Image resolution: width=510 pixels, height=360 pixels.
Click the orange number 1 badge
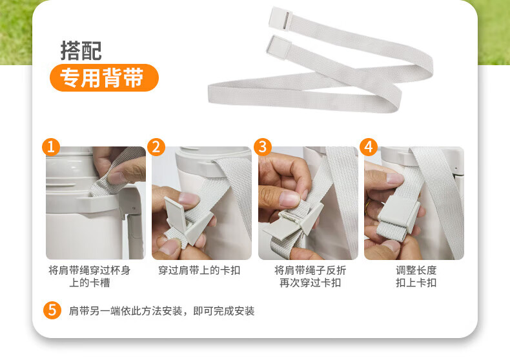tap(51, 147)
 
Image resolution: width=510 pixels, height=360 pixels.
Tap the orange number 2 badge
tap(156, 147)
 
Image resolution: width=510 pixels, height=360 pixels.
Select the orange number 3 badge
tap(263, 147)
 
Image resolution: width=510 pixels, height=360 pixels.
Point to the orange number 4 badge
tap(369, 147)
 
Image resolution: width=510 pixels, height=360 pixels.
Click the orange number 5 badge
tap(52, 310)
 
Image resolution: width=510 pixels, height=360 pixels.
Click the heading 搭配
tap(81, 51)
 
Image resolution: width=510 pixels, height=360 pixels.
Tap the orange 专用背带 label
tap(104, 77)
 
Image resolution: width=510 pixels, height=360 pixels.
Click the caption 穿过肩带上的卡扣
tap(199, 270)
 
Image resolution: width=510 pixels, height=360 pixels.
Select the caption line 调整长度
tap(416, 270)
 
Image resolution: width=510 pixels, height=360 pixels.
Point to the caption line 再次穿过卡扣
tap(311, 283)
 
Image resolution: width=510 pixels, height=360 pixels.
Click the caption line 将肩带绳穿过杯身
tap(90, 270)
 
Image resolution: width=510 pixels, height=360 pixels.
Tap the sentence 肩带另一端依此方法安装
tap(125, 311)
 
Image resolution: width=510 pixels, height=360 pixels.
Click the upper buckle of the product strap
tap(281, 18)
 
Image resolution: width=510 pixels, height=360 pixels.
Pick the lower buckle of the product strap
tap(278, 48)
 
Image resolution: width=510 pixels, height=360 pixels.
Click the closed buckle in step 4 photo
tap(400, 211)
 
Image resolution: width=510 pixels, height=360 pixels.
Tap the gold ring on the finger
tap(367, 207)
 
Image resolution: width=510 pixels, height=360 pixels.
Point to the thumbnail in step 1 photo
tap(116, 177)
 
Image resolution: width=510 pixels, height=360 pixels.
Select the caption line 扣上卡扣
tap(416, 283)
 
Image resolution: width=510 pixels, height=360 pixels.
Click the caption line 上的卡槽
tap(90, 283)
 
